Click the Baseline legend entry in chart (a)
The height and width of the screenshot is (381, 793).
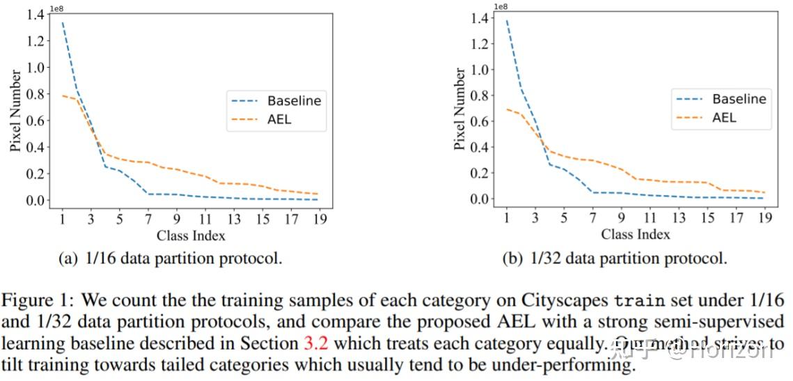[295, 100]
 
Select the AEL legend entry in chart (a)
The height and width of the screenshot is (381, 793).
[279, 119]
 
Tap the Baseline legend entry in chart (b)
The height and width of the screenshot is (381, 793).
[739, 99]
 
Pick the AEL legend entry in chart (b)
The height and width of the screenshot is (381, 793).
[724, 118]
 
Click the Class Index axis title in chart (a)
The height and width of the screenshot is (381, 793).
[191, 235]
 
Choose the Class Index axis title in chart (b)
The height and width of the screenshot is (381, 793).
[636, 234]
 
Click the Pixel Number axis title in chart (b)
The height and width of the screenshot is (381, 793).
[460, 109]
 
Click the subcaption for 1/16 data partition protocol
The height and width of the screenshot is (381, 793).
[170, 258]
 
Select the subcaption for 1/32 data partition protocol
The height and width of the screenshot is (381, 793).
[615, 258]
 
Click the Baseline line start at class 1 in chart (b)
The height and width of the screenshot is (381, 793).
[508, 21]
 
